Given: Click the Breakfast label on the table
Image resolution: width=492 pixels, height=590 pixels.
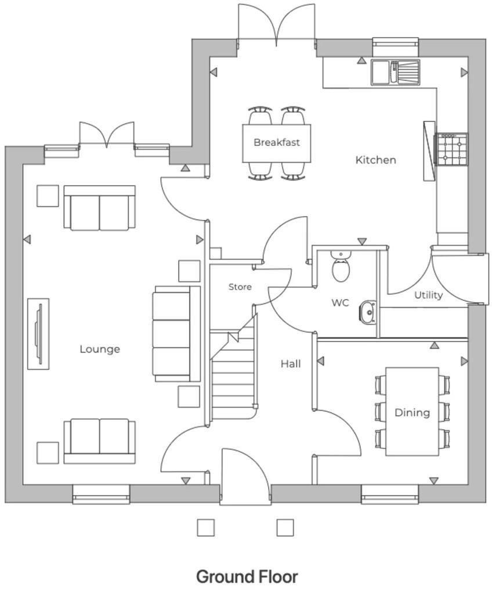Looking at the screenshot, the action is coord(277,142).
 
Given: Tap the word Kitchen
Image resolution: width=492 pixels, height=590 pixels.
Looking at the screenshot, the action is coord(375,160).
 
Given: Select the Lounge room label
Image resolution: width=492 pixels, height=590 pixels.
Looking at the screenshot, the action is coord(100,349).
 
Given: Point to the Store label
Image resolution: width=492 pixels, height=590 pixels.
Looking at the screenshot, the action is coord(240,287).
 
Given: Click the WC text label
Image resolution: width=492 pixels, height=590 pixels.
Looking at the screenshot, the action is coord(340,303).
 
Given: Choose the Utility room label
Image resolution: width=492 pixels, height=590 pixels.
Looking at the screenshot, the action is coord(428,295).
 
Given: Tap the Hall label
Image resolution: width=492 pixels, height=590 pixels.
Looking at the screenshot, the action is coord(291,364).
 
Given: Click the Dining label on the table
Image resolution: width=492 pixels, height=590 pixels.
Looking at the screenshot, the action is coord(412,412).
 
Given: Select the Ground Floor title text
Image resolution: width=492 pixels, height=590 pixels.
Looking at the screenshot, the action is coord(247,577).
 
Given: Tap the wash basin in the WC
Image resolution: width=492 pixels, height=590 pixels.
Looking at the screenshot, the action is coord(367,312).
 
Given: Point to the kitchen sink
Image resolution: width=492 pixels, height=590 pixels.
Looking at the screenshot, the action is coord(395,72).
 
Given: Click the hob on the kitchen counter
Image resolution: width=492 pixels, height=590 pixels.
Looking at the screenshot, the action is coord(452,149).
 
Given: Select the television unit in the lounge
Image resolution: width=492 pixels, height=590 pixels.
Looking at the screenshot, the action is coord(38,333).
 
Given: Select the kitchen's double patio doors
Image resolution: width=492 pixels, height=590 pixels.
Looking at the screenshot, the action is coord(277,23).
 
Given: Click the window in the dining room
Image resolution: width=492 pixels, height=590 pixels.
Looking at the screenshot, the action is coord(390,494).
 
